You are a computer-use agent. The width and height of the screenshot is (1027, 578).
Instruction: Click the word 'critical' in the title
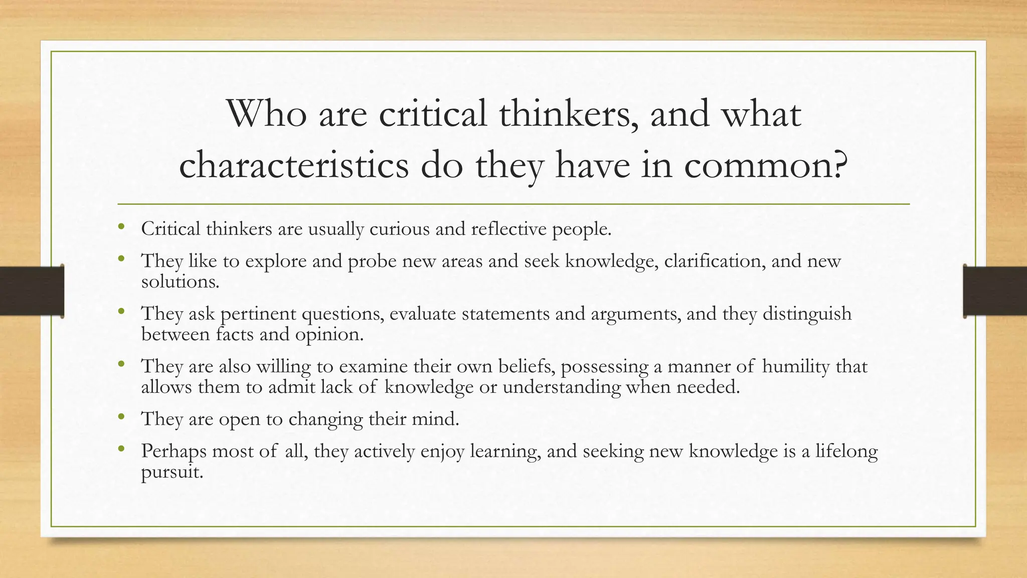(x=432, y=114)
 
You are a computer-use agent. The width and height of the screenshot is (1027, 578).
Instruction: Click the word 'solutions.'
(x=181, y=281)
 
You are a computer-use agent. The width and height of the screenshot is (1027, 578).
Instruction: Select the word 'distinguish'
(x=807, y=314)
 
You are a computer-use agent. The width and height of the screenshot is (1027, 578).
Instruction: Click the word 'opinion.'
(x=329, y=334)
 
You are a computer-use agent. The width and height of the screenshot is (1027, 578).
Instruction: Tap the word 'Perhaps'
(x=174, y=451)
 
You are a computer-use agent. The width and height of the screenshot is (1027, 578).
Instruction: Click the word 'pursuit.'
(x=172, y=472)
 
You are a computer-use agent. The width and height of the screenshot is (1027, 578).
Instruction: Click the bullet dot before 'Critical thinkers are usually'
(x=121, y=227)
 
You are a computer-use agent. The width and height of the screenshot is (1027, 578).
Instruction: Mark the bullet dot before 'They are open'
(x=121, y=417)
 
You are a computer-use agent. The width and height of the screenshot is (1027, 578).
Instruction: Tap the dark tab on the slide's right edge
(x=995, y=291)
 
